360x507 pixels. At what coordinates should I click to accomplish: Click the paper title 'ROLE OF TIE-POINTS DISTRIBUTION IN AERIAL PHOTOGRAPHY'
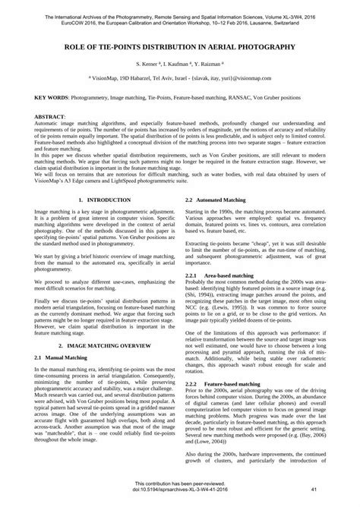[179, 46]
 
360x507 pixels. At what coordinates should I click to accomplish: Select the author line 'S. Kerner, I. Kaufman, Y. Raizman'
[179, 66]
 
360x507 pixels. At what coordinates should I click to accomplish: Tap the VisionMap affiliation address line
[179, 78]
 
